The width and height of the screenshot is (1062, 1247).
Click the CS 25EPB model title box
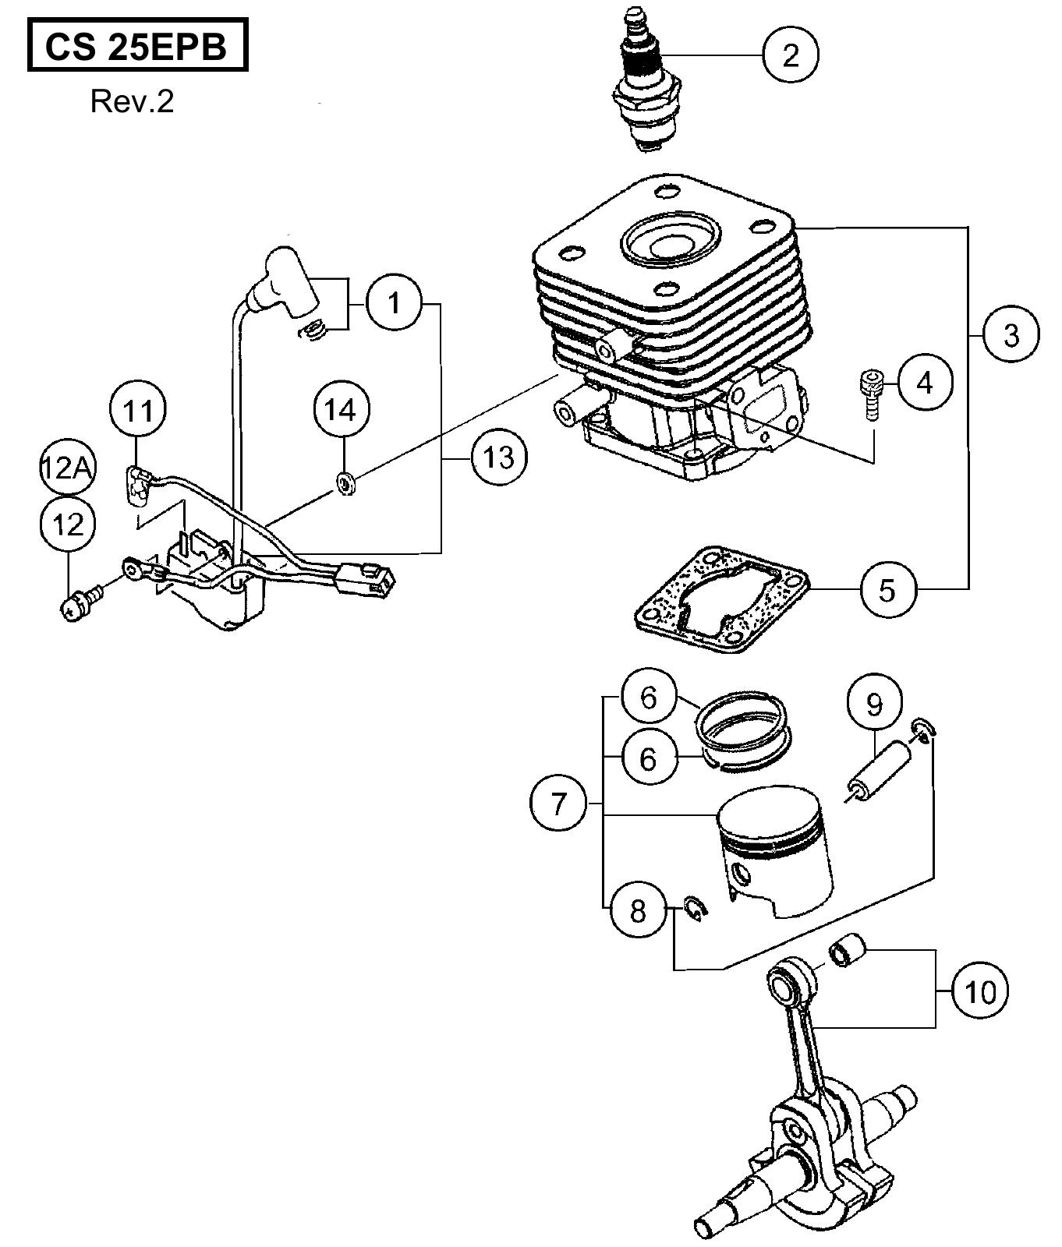click(137, 47)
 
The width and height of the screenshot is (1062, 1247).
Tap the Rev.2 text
click(132, 101)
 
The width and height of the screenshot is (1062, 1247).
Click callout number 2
click(791, 55)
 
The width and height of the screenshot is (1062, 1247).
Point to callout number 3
click(1011, 334)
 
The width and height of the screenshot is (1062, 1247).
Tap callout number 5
click(889, 589)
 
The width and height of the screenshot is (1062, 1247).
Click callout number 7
click(558, 803)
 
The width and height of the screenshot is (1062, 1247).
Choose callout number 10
click(980, 991)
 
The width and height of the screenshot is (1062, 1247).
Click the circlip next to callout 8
click(694, 907)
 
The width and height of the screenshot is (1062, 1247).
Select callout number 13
click(499, 457)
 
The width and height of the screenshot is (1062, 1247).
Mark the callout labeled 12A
click(67, 469)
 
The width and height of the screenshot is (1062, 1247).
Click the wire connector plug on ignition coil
click(366, 580)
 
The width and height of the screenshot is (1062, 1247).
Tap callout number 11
click(139, 410)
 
